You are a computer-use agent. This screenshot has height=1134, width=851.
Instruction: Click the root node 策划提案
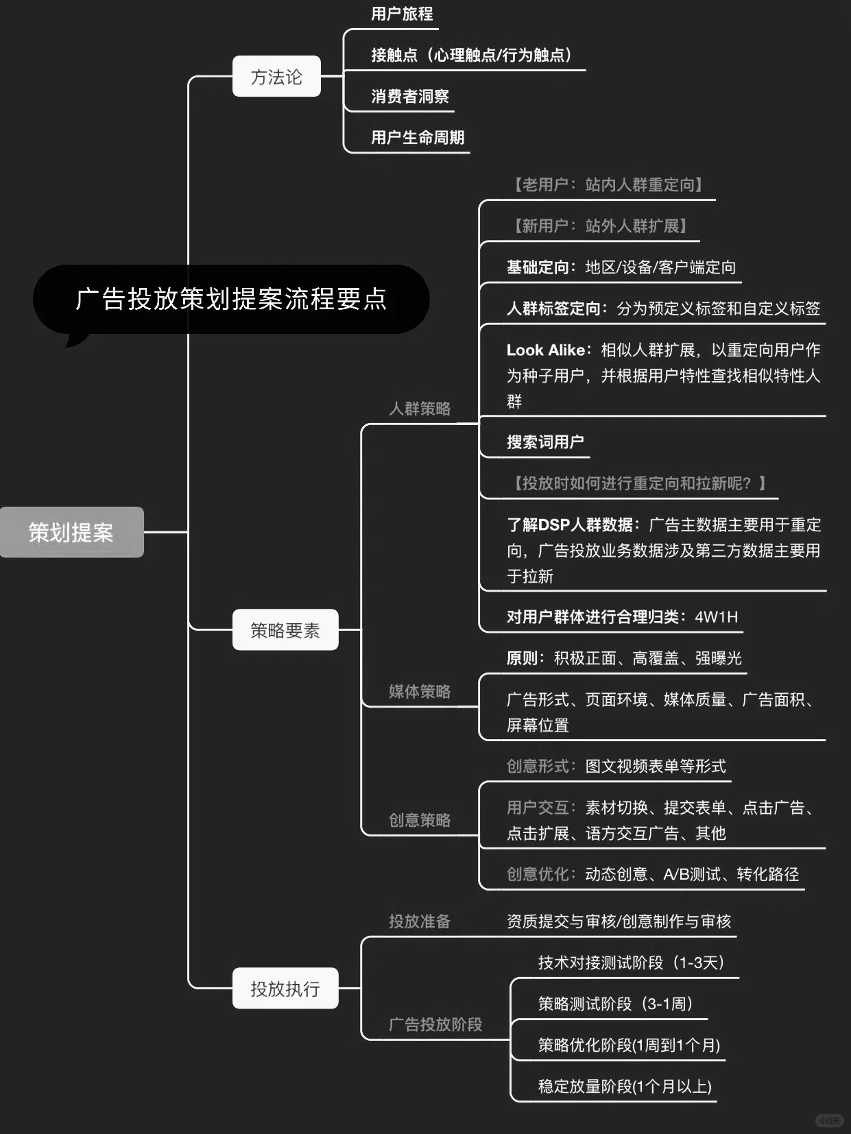point(71,532)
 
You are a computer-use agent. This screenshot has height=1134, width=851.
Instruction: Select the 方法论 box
point(276,77)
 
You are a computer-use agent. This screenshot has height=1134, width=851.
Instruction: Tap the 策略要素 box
point(285,630)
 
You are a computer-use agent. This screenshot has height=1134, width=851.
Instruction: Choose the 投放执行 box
point(285,989)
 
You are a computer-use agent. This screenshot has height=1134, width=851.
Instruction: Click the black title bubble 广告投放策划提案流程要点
point(231,300)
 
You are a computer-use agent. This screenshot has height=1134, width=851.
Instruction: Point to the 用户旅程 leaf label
point(402,14)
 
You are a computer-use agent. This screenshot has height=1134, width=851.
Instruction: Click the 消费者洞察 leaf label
point(410,97)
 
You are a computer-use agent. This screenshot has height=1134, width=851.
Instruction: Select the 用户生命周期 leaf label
point(418,138)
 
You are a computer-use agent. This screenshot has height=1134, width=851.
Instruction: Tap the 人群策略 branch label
point(420,409)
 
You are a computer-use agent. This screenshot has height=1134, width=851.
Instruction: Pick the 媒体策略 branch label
point(420,691)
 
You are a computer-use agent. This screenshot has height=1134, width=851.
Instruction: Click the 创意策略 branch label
point(420,820)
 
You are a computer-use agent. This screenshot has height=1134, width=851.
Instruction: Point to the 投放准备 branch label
point(420,921)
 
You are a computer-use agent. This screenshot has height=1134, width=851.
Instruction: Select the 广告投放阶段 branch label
point(435,1024)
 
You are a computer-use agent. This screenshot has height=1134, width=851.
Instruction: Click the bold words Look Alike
point(546,350)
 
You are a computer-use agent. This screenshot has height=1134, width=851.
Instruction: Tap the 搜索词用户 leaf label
point(545,442)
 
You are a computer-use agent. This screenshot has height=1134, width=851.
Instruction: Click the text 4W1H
point(716,617)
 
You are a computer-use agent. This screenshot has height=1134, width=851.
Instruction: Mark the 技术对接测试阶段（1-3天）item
point(631,963)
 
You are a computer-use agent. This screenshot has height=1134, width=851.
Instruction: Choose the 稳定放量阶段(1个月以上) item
point(625,1087)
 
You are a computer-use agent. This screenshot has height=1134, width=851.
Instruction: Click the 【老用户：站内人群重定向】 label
point(608,185)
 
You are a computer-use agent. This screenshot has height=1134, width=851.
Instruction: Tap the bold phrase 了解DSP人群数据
point(569,525)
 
